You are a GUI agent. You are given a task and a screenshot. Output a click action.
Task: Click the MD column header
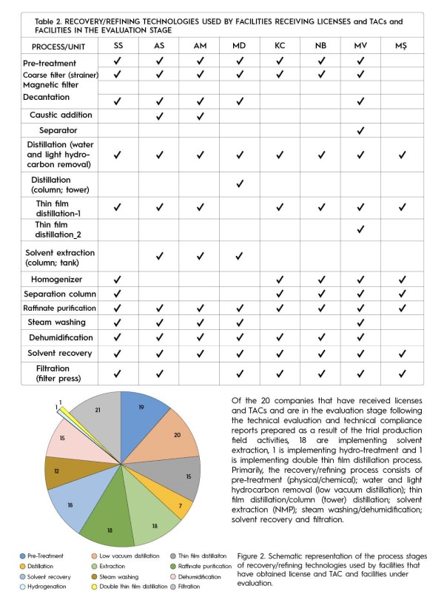238,47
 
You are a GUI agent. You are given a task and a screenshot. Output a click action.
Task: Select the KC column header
279,47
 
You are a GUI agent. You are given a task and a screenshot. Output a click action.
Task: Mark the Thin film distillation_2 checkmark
360,229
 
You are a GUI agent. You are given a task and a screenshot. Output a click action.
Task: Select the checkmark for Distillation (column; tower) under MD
238,183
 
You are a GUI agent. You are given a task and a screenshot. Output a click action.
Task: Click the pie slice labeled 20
177,435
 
